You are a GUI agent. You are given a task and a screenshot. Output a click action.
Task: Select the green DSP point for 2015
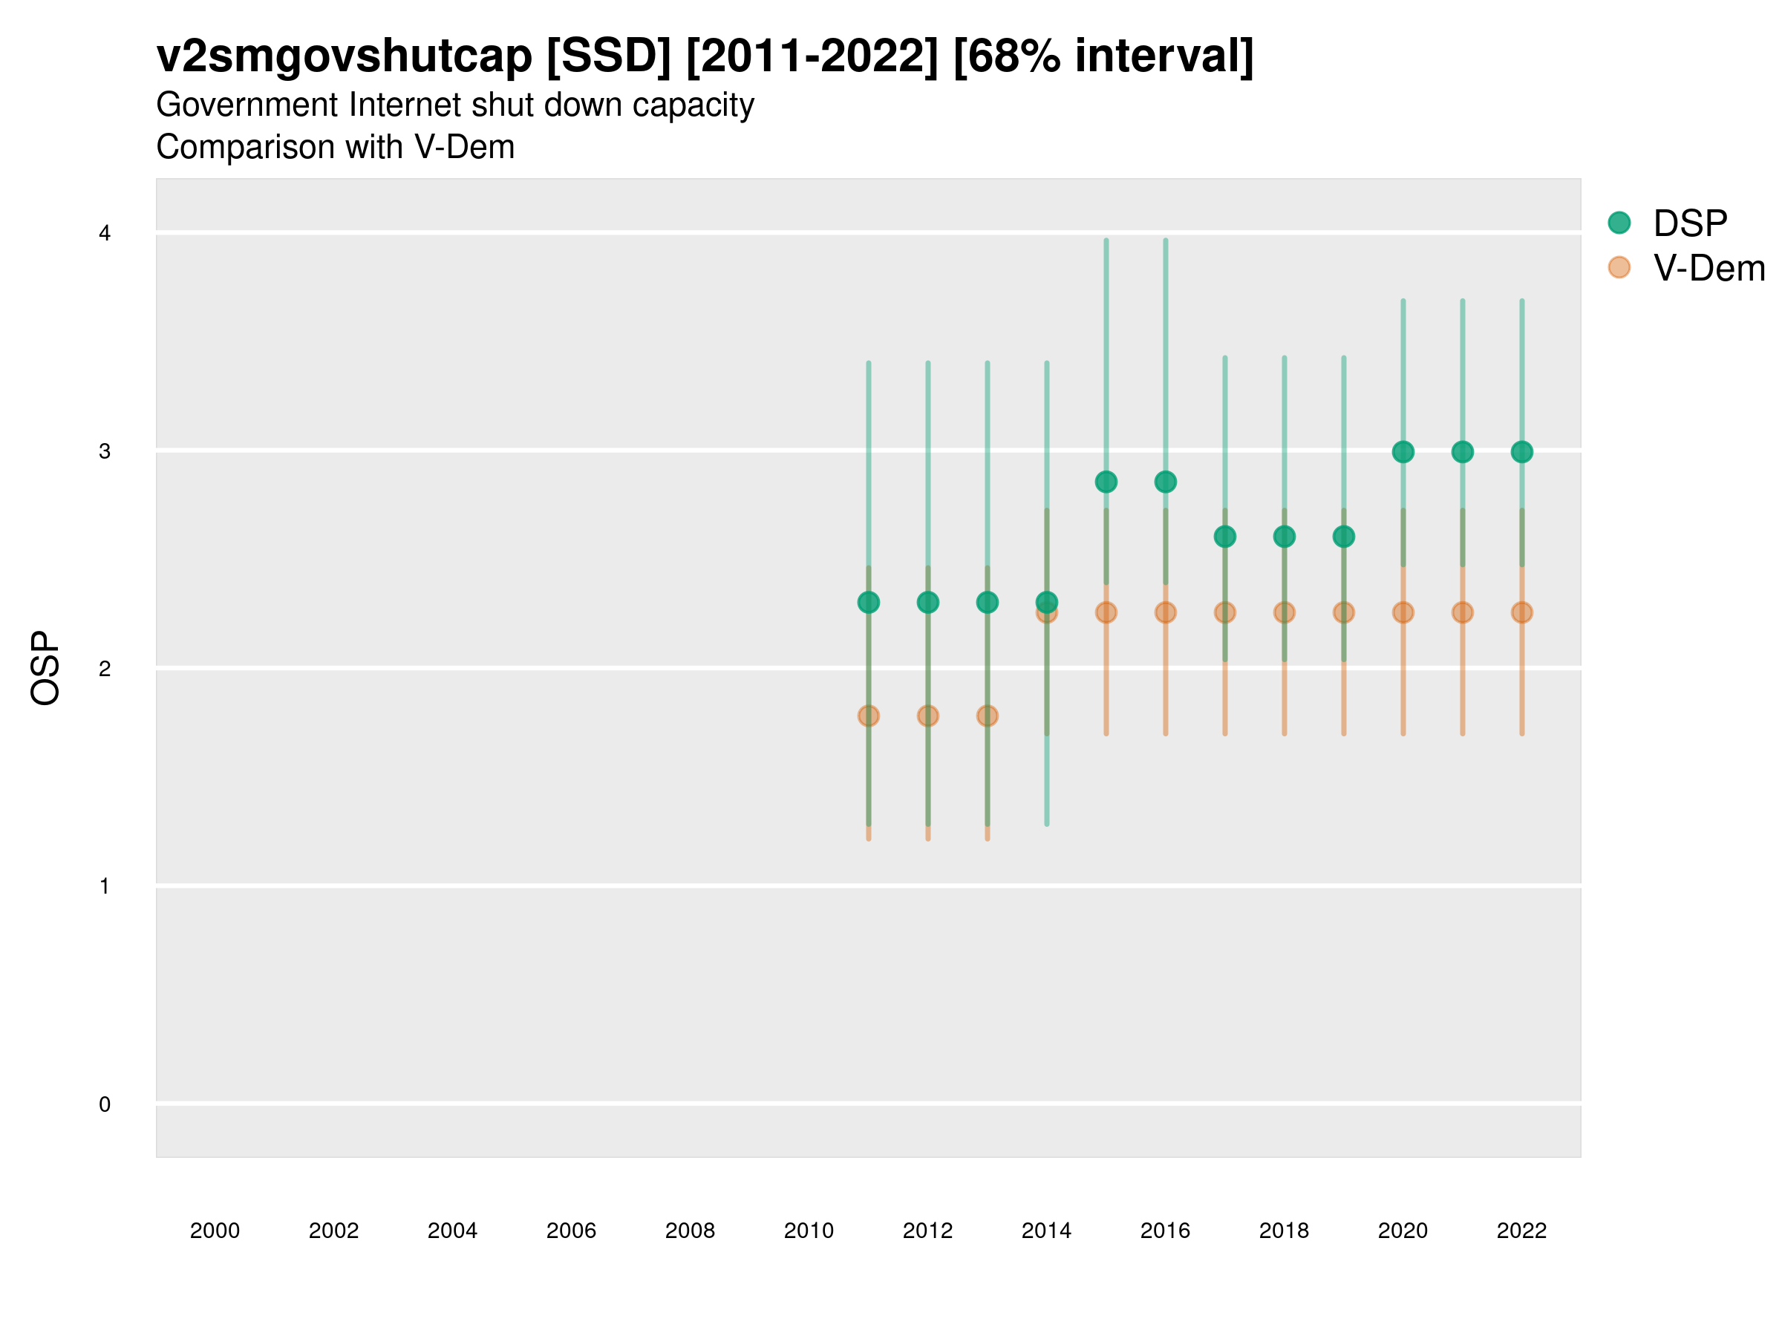coord(1106,482)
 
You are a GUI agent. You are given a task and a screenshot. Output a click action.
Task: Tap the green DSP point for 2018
coord(1284,537)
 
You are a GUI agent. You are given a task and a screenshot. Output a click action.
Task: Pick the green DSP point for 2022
coord(1522,452)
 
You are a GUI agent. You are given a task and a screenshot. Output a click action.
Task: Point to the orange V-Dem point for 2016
coord(1166,612)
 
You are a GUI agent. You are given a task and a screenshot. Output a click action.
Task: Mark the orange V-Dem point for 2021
coord(1462,612)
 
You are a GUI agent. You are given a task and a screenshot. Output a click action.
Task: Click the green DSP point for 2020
coord(1403,452)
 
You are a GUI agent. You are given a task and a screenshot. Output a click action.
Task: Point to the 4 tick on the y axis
coord(105,234)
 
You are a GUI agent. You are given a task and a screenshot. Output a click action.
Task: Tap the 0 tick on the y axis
coord(105,1104)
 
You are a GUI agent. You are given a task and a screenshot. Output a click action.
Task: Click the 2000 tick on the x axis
coord(215,1231)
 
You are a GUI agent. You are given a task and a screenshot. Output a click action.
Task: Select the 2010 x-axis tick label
coord(809,1231)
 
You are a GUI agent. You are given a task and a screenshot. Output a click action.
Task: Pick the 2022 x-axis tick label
coord(1522,1231)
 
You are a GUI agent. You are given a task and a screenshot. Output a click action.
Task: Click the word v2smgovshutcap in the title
coord(344,56)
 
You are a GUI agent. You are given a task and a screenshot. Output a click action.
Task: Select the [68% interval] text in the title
coord(1103,56)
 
